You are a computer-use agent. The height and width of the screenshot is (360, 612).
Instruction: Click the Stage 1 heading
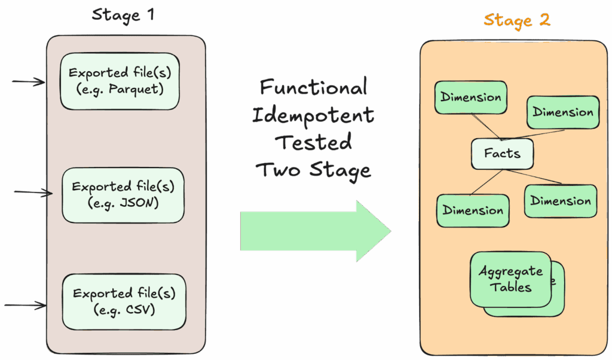(x=123, y=14)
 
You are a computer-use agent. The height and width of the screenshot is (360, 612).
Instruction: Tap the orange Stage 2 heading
(x=517, y=20)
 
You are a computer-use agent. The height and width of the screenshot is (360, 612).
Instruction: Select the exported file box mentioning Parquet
(x=120, y=81)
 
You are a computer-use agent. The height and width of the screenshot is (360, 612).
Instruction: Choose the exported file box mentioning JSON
(x=123, y=195)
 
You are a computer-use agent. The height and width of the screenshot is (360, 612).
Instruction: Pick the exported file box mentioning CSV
(x=124, y=301)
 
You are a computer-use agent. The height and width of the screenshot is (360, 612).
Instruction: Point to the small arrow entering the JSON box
(x=33, y=192)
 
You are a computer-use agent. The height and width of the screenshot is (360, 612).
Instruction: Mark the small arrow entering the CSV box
(x=25, y=306)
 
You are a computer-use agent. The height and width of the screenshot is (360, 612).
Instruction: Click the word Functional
(x=313, y=88)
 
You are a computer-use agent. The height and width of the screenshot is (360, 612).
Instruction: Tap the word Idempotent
(x=313, y=115)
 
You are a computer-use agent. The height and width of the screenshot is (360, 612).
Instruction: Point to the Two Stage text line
(x=314, y=170)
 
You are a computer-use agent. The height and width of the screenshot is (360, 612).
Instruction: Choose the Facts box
(x=502, y=154)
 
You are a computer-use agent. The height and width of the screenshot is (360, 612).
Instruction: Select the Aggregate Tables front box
(x=510, y=279)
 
